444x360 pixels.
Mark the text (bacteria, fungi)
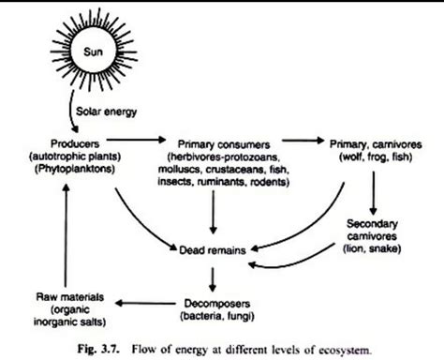[x=216, y=315]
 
